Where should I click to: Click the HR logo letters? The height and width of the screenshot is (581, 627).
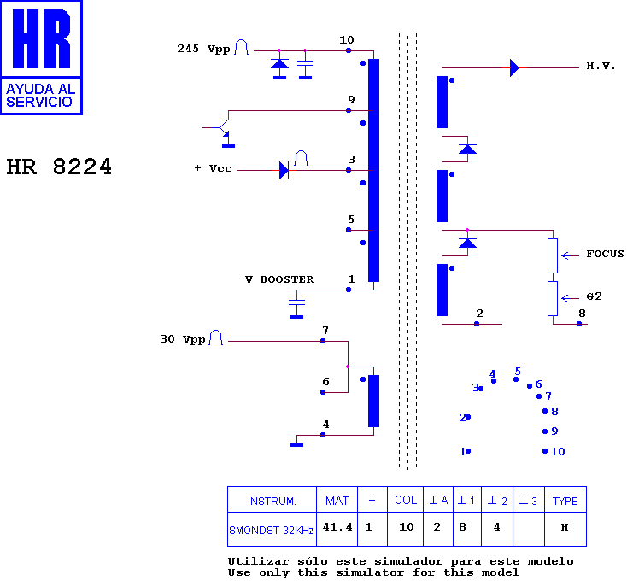click(42, 38)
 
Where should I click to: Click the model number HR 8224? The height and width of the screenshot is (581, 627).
click(59, 167)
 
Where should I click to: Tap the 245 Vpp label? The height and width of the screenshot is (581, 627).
click(203, 49)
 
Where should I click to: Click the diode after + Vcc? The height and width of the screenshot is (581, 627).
click(284, 170)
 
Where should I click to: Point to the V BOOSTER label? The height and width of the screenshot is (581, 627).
click(279, 279)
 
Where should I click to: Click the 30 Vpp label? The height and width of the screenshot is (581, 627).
click(183, 339)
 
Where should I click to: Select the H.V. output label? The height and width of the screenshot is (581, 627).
click(601, 66)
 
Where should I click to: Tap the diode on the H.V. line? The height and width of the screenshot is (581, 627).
click(514, 68)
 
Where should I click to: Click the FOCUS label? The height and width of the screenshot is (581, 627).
click(605, 254)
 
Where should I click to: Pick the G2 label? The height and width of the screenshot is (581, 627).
click(594, 296)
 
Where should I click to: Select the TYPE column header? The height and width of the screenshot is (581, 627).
click(565, 500)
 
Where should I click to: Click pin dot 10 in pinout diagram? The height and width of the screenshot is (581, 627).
click(545, 451)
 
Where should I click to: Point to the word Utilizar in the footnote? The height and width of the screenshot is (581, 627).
click(258, 561)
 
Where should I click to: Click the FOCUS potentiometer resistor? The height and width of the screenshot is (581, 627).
click(553, 256)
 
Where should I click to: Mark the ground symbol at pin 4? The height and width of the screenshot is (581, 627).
click(296, 443)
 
